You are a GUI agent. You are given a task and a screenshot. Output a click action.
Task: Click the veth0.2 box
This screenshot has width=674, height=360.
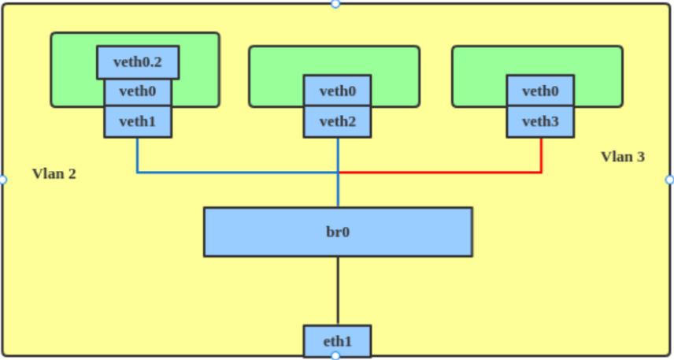138,62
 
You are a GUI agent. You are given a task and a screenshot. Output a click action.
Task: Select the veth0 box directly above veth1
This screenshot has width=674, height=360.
138,91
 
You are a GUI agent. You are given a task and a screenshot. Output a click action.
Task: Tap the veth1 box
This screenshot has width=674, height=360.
138,121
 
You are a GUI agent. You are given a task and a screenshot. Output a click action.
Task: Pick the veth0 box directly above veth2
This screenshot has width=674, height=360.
338,91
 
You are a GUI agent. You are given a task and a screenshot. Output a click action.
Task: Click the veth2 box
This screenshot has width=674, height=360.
338,121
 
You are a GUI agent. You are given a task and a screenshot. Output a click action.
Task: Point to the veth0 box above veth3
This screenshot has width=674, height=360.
540,91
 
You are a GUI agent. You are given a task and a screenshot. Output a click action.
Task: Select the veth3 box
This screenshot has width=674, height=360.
540,121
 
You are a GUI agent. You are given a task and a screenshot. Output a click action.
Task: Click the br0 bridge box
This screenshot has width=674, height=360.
338,232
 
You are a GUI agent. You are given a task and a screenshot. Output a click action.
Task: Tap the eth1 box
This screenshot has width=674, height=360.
337,341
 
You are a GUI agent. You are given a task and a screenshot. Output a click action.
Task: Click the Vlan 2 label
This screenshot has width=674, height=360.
54,173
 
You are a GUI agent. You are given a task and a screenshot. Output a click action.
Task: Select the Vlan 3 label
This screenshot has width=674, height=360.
623,157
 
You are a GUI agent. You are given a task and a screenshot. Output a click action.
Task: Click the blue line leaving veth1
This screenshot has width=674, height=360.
138,156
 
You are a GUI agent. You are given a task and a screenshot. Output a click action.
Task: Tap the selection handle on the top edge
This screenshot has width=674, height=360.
335,4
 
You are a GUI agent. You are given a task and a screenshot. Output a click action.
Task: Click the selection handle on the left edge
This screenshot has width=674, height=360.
2,180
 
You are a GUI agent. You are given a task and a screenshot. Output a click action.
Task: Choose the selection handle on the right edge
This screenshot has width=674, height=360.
670,180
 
